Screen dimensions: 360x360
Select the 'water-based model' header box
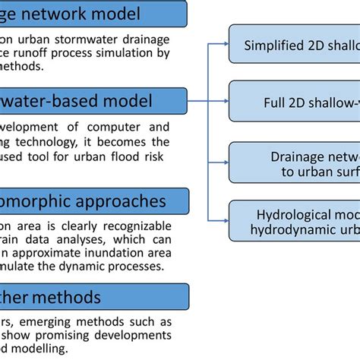tap(91, 99)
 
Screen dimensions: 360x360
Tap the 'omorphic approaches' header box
tap(91, 201)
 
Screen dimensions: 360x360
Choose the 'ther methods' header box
tap(91, 296)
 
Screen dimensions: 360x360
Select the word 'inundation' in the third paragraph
tap(112, 257)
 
